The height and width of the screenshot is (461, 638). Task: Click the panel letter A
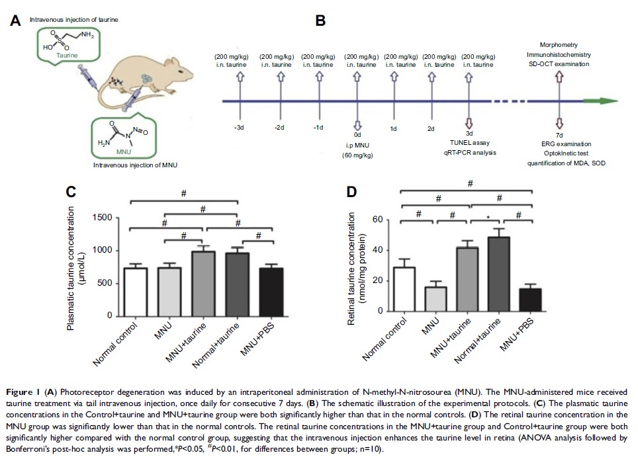[x=15, y=21]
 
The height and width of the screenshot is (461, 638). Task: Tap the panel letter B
[x=320, y=21]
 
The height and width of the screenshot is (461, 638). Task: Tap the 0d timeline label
[x=358, y=132]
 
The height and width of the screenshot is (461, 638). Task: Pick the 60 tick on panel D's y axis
[x=379, y=220]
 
